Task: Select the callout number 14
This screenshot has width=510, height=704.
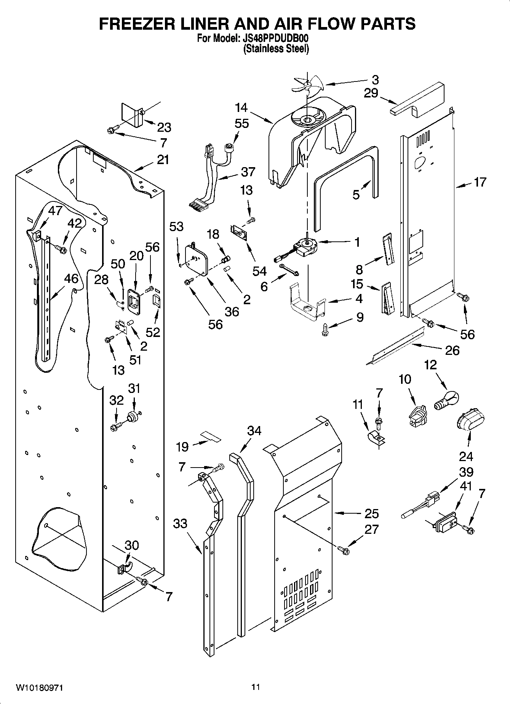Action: coord(241,108)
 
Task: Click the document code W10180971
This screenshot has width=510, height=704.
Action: coord(39,688)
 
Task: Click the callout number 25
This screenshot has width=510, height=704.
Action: coord(371,513)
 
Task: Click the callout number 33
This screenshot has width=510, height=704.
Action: coord(180,524)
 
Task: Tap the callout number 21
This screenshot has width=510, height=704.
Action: coord(163,160)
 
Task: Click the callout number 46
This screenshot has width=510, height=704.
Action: coord(71,278)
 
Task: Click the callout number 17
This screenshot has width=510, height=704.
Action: coord(480,182)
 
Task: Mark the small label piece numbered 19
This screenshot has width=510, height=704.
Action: coord(211,436)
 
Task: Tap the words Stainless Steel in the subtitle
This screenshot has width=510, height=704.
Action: coord(276,49)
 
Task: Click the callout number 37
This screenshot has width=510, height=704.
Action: coord(248,172)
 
